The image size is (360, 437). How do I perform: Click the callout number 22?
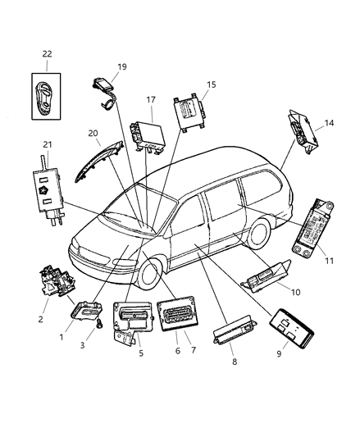(46, 54)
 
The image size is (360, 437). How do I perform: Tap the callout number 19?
(121, 68)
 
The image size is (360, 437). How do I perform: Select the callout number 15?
(211, 85)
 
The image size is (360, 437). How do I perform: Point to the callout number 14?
(330, 123)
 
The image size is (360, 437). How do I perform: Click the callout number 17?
(150, 101)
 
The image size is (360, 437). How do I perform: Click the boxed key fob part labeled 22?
(46, 93)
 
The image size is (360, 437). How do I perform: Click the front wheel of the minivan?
(153, 275)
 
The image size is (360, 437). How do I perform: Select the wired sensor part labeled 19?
(103, 88)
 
